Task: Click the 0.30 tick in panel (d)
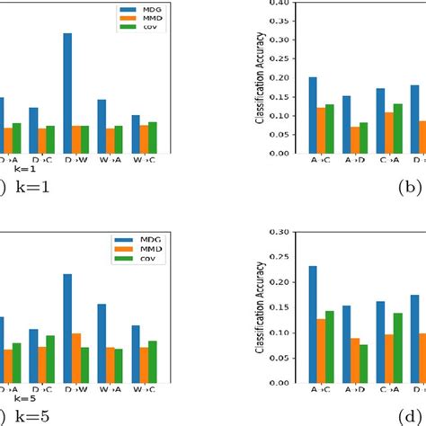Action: coord(288,232)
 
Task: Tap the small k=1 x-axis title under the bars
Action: coord(23,168)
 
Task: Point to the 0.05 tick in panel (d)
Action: coord(288,358)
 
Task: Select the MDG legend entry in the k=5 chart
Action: coord(136,240)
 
